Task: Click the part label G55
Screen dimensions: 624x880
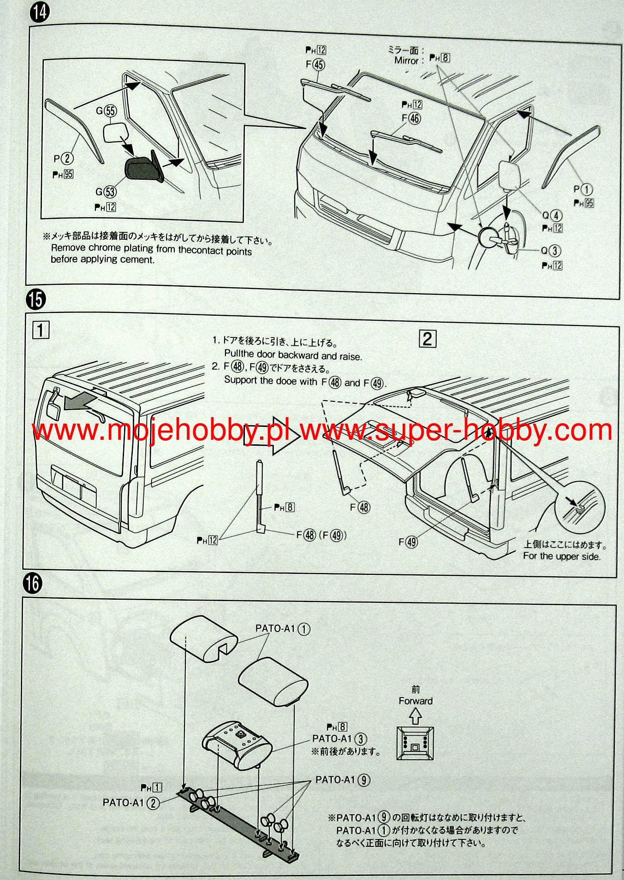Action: tap(106, 111)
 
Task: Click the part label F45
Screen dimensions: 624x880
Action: tap(315, 65)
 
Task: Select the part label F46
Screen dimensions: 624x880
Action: tap(411, 118)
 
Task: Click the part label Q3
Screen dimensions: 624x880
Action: tap(551, 251)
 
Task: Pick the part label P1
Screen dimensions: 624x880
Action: tap(583, 189)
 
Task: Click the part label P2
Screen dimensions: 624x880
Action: tap(64, 159)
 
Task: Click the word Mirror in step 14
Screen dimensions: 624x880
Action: tap(406, 60)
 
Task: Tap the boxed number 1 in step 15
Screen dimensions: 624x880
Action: tap(41, 331)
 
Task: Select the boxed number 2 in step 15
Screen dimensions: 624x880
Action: tap(428, 339)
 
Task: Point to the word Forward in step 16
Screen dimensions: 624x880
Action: tap(416, 701)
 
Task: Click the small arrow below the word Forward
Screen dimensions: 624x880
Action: tap(416, 716)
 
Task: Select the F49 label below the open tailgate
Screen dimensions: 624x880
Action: tap(408, 542)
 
